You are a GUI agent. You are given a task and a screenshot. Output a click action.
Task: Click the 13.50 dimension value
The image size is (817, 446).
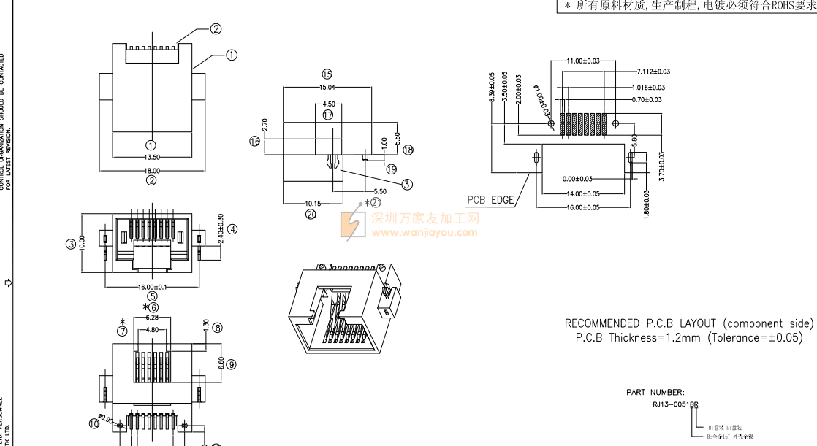152,157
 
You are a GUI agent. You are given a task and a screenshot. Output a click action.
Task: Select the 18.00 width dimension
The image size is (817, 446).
152,171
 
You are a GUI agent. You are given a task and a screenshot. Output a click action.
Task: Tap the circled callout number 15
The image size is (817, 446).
327,74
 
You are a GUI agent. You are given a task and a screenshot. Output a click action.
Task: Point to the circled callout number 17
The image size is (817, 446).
327,115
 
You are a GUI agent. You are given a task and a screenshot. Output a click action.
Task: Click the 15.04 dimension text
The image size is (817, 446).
327,87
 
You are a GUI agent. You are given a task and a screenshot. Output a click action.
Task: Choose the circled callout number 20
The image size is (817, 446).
311,215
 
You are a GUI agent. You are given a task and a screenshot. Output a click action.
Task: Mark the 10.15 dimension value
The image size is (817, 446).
313,204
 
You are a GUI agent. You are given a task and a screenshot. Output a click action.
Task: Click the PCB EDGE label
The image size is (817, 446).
491,200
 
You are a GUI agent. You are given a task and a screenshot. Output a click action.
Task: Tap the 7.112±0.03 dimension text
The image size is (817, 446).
653,72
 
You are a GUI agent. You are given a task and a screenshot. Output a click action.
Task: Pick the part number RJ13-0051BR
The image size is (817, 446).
675,404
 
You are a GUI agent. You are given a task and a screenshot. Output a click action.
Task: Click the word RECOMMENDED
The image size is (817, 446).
602,323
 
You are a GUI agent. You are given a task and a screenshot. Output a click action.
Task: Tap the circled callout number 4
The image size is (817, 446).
232,229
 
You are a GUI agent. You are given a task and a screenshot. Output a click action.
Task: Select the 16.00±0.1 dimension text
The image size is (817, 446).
152,287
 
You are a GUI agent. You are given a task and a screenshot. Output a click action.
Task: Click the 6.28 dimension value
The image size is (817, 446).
153,318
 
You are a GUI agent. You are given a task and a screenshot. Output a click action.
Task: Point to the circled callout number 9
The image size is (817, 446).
231,364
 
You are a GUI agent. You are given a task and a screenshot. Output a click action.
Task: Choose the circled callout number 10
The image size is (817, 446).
94,423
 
